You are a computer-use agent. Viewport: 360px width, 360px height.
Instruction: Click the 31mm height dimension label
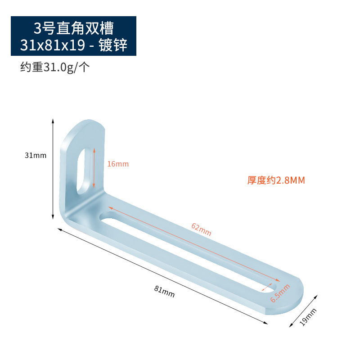pos(36,155)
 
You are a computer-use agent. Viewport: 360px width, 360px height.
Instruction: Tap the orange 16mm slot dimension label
pos(118,164)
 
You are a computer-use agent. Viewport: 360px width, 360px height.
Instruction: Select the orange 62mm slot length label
pos(201,229)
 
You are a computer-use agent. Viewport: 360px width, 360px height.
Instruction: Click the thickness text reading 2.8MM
pos(276,180)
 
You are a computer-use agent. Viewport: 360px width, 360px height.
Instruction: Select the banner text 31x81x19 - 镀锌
pos(73,45)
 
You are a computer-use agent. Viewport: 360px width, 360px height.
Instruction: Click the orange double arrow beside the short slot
pos(94,169)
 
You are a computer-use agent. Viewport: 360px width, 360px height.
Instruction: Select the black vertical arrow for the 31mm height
pos(53,170)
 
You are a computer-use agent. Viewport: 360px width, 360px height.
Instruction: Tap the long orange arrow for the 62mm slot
pos(193,243)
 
